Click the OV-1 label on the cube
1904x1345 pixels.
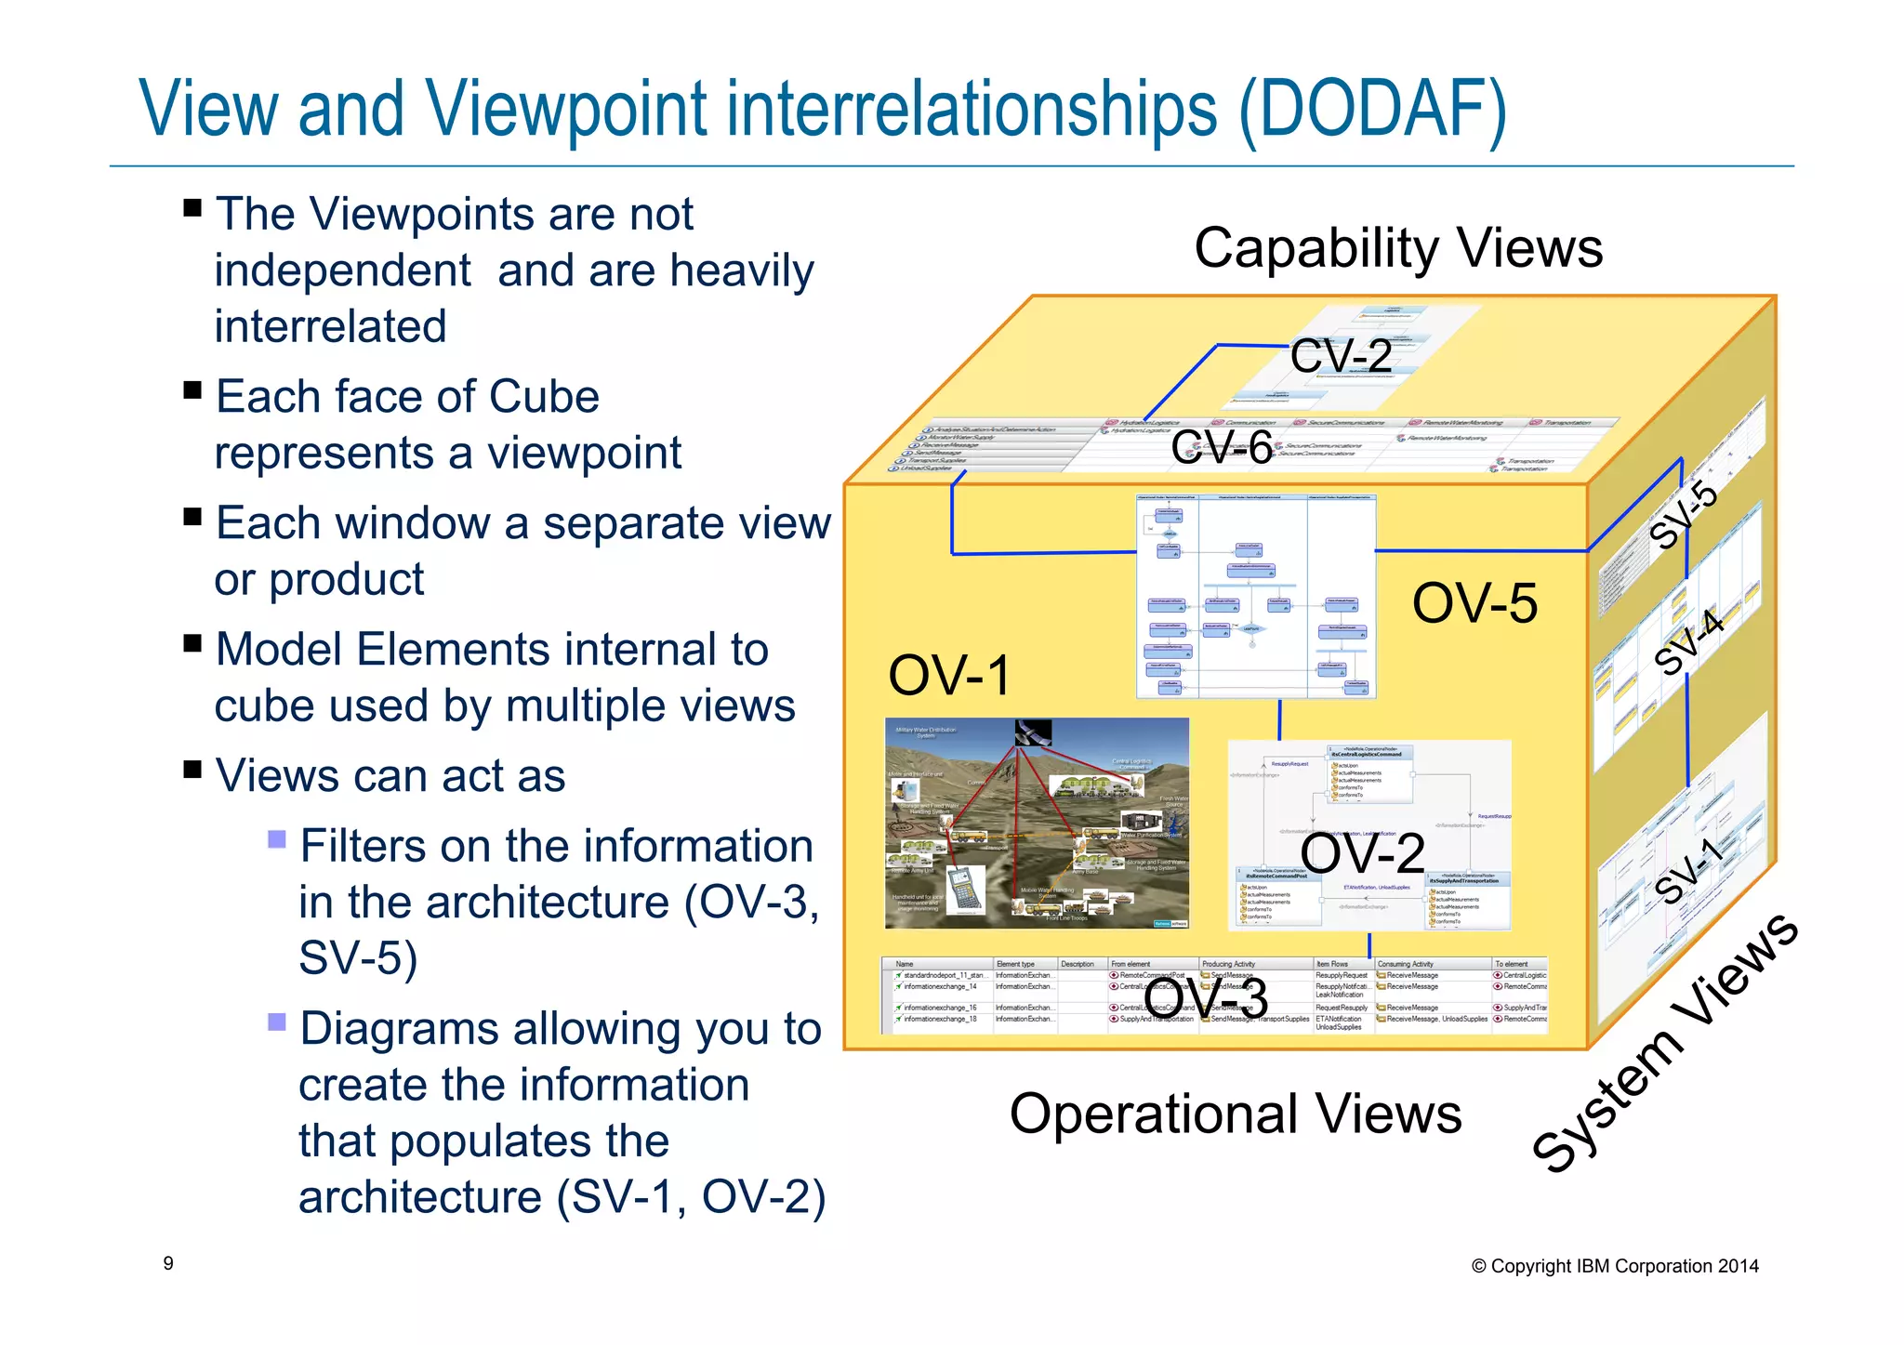click(948, 676)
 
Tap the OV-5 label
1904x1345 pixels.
click(1474, 603)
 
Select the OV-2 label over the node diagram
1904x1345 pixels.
click(1362, 853)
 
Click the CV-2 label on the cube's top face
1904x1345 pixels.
click(1341, 356)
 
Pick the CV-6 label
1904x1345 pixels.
click(1222, 447)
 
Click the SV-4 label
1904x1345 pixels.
click(1689, 641)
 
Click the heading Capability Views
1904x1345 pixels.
click(1397, 248)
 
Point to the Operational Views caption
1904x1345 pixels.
click(1235, 1114)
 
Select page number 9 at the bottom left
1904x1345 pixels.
click(168, 1263)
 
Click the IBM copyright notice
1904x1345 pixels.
click(1615, 1266)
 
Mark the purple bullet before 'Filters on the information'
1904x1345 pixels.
click(276, 839)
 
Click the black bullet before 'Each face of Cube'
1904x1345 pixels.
click(192, 390)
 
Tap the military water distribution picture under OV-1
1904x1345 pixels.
click(1036, 824)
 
